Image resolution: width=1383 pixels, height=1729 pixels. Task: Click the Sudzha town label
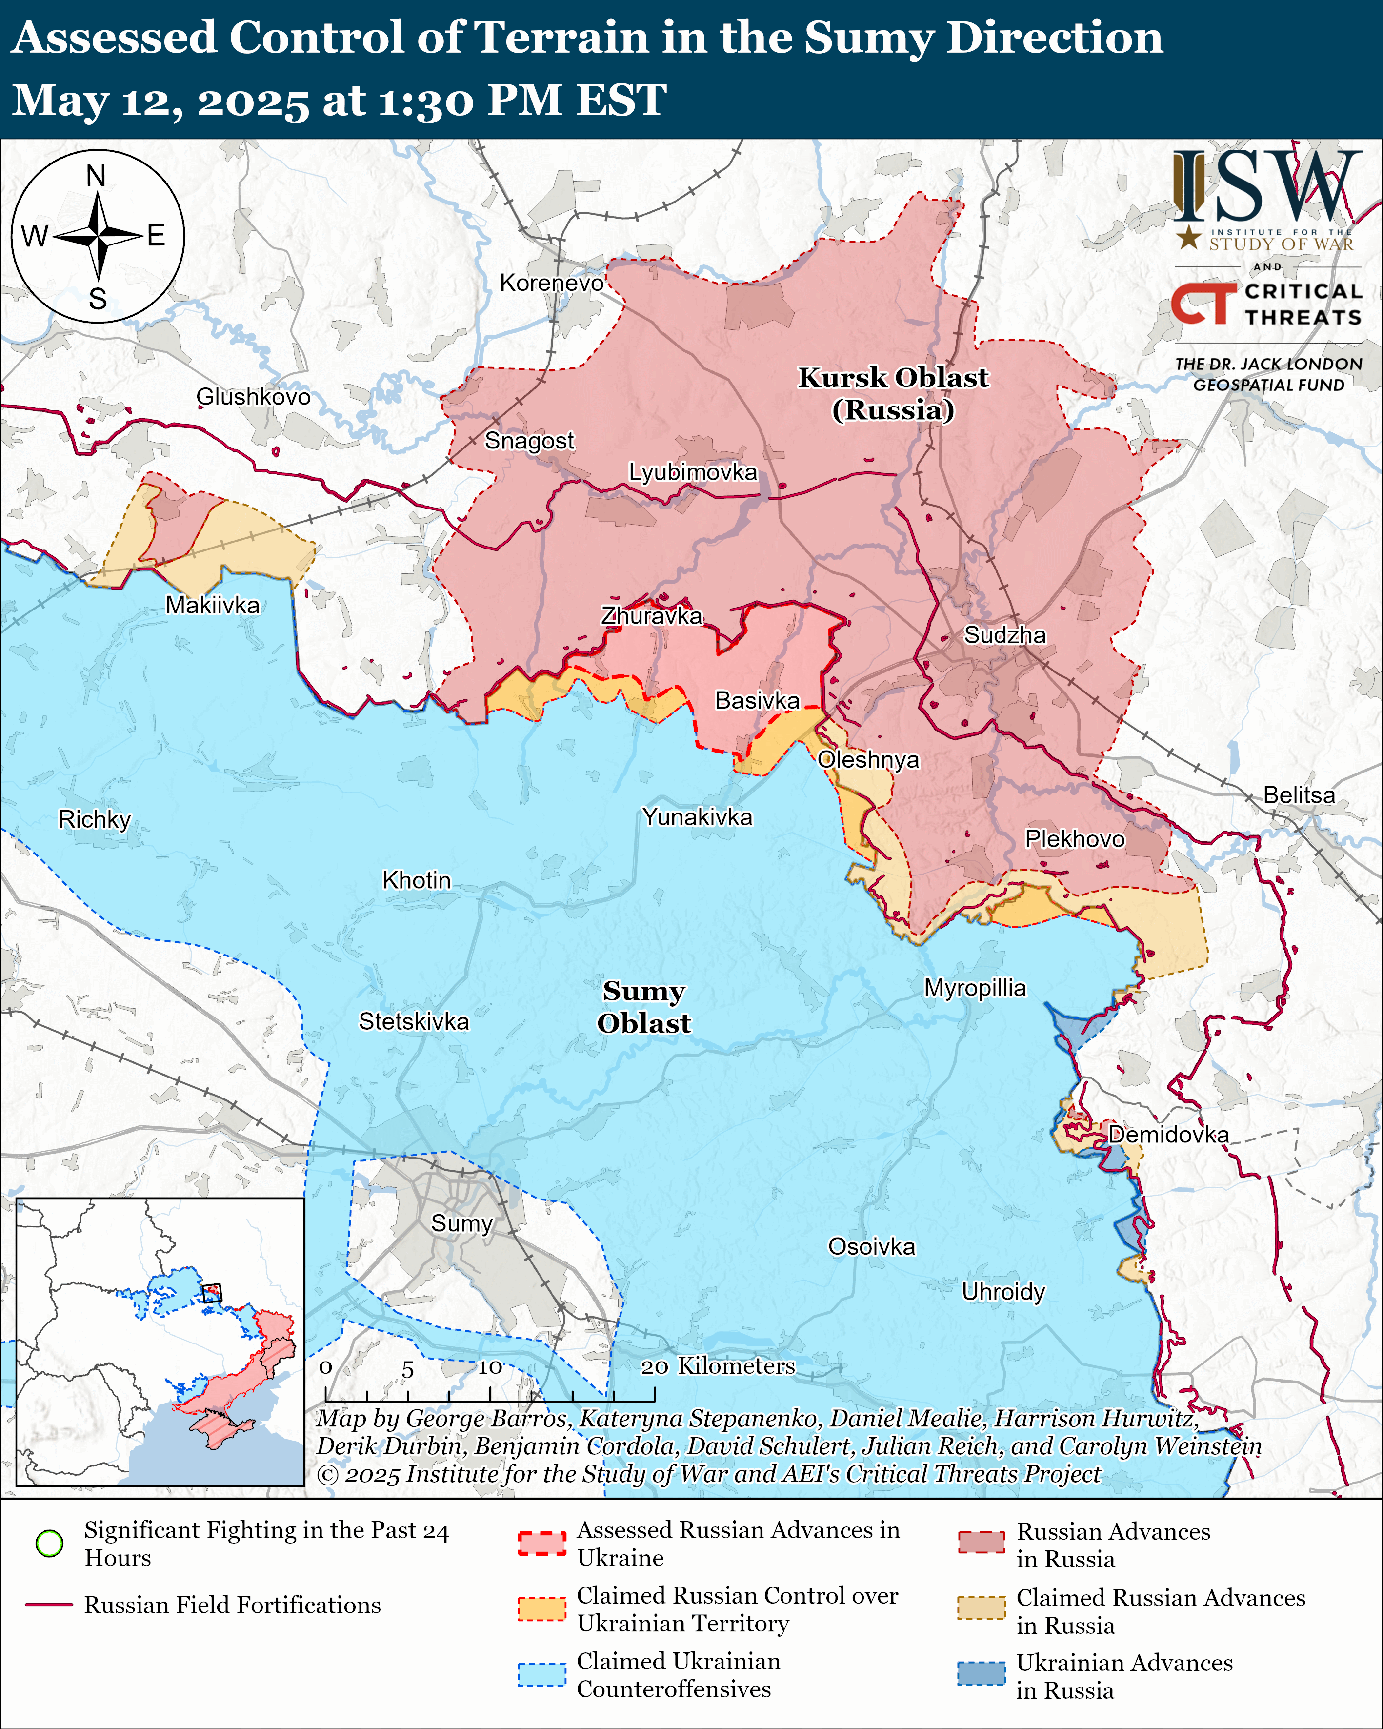(x=1004, y=635)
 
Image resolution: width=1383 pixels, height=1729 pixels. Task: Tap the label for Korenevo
(x=552, y=283)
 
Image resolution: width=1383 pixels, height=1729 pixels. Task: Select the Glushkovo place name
(x=253, y=397)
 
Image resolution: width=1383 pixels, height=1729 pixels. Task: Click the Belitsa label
(x=1299, y=795)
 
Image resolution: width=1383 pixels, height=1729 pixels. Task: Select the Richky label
(x=95, y=819)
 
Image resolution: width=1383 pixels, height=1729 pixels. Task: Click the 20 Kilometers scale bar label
(x=718, y=1366)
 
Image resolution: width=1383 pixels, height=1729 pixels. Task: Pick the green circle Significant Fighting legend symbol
(x=50, y=1543)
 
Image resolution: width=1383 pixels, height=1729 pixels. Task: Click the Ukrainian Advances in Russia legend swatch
(x=981, y=1674)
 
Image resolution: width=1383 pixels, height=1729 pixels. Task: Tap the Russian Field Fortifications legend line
(x=50, y=1605)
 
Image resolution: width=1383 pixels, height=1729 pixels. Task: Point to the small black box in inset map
(x=211, y=1293)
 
